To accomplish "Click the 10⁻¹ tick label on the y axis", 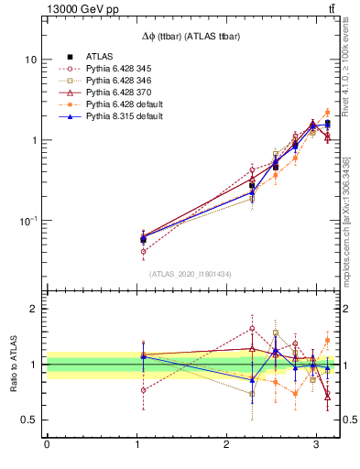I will (27, 221).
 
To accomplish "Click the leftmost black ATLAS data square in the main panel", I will (143, 239).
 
